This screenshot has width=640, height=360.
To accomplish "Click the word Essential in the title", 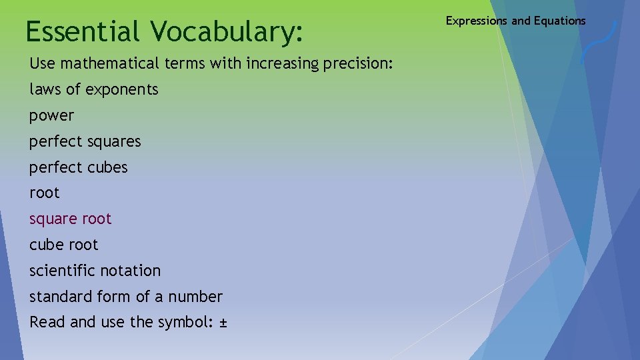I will pos(83,31).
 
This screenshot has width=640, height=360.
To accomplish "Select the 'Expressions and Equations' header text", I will pos(515,21).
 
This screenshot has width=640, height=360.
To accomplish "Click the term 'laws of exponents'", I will pos(94,89).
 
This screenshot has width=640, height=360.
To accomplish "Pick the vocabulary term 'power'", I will pos(52,116).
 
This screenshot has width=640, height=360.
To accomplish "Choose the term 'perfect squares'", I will pos(85,141).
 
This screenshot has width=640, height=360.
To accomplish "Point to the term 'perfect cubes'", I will pos(79,167).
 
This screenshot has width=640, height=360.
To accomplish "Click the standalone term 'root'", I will pos(45,193).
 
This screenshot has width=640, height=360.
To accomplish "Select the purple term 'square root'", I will pos(71,219).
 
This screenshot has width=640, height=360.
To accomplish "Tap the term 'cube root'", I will pos(64,245).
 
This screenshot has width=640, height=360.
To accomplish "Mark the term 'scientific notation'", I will pos(95,271).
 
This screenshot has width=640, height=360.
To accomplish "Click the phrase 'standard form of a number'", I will pos(126,297).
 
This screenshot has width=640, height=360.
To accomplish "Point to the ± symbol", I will pos(223,323).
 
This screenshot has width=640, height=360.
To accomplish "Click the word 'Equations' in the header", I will pos(559,21).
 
